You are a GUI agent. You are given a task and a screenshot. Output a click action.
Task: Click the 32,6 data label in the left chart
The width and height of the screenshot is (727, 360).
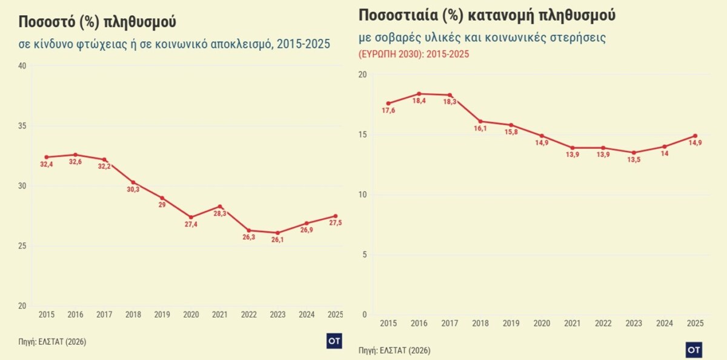tap(75, 162)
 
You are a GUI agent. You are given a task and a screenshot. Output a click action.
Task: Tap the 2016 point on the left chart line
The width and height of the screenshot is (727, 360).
tap(75, 155)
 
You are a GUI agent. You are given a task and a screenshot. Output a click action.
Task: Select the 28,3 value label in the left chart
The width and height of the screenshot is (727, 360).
tap(221, 213)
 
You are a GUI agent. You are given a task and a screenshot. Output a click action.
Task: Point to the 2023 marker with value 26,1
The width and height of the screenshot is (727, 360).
tap(278, 233)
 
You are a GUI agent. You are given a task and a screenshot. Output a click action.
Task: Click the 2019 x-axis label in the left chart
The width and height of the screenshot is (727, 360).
tap(162, 315)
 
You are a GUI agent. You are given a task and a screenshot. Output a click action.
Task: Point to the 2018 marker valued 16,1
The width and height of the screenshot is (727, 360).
tap(480, 121)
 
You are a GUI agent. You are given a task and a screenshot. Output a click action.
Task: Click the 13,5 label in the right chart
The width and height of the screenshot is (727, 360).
tap(634, 161)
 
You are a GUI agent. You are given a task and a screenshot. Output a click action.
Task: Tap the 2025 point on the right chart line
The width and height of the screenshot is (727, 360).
tap(695, 136)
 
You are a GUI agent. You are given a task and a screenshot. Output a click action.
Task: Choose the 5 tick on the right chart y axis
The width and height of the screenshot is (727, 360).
tap(363, 255)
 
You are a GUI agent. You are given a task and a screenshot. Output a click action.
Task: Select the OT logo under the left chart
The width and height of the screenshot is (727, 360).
tap(334, 341)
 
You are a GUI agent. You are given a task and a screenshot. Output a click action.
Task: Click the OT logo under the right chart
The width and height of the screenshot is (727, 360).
tap(694, 350)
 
